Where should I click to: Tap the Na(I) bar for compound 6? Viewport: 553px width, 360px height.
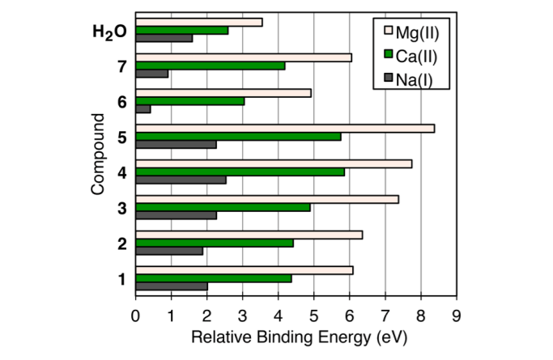(143, 108)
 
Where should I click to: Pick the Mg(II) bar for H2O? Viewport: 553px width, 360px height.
(199, 22)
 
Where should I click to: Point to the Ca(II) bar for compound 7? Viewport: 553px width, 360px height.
(211, 66)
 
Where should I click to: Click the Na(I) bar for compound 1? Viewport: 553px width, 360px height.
(172, 286)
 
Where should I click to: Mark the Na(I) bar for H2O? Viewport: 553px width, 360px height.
(164, 38)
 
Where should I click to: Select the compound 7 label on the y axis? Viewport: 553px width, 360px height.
(121, 66)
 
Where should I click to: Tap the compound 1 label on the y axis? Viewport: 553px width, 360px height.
(121, 280)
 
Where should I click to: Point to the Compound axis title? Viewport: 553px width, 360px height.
(99, 154)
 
